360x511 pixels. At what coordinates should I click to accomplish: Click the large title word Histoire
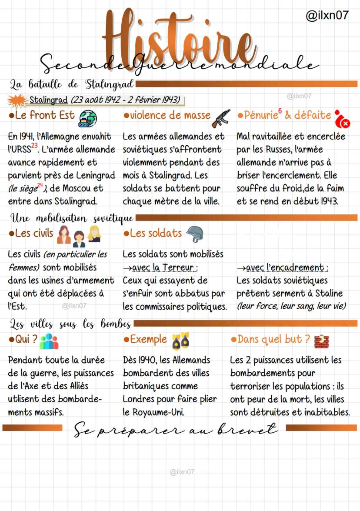tap(178, 41)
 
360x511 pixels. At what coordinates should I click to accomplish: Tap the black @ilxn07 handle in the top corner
tap(327, 16)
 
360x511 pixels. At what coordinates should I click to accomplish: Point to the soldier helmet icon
tap(194, 234)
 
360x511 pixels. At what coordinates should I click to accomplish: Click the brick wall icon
tap(321, 341)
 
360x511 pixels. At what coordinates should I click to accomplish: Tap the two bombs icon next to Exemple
tap(180, 341)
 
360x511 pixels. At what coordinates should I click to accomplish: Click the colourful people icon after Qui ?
tap(49, 341)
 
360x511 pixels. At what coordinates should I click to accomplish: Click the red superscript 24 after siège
tap(40, 186)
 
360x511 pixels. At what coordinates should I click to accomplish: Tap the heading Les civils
tap(31, 234)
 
